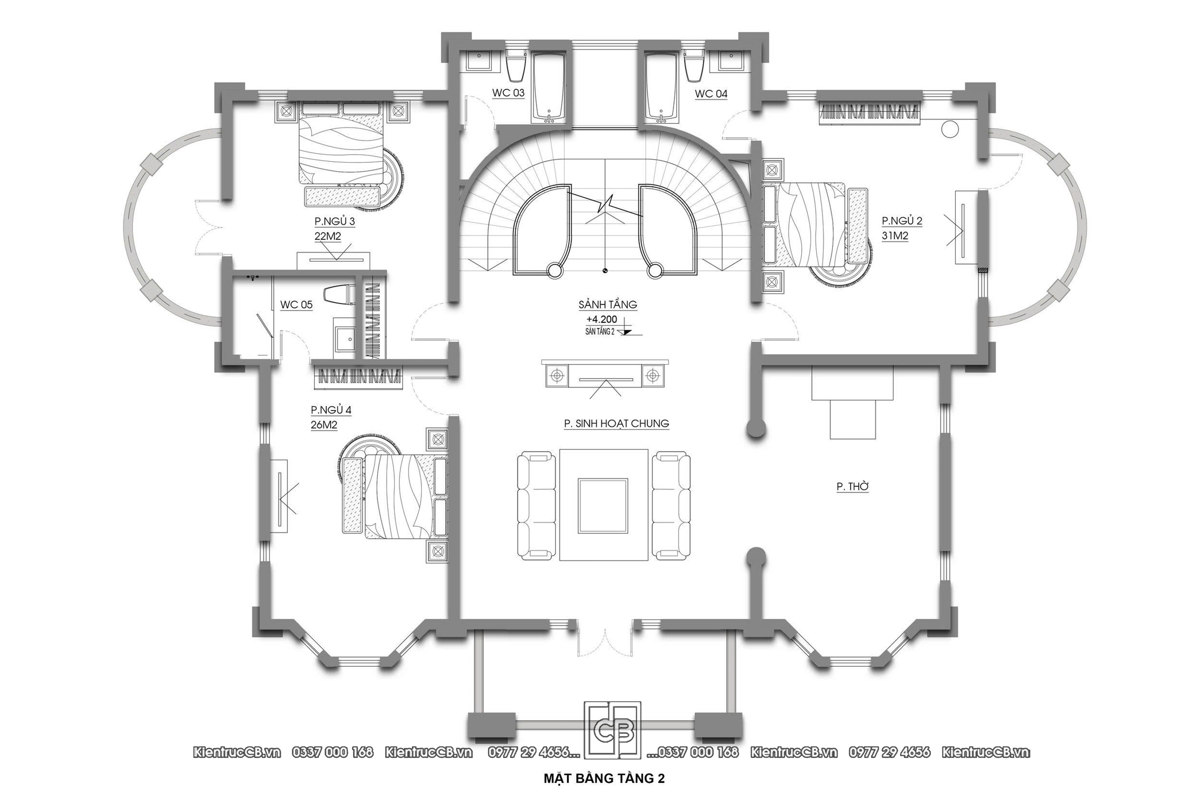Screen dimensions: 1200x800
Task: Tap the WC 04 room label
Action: click(x=711, y=94)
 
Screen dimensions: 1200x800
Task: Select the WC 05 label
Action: click(x=296, y=304)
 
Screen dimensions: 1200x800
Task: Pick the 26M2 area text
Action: click(x=324, y=425)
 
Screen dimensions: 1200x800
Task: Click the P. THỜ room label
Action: click(x=852, y=487)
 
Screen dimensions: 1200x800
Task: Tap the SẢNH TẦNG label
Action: click(x=608, y=304)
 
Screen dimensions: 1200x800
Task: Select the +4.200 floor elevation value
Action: click(x=602, y=319)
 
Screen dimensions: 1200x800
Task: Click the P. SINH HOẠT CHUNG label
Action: click(x=616, y=424)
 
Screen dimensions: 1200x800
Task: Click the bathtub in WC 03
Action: click(x=549, y=88)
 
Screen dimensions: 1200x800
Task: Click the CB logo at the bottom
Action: click(x=612, y=738)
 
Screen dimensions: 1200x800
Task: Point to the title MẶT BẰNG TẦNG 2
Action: click(x=604, y=778)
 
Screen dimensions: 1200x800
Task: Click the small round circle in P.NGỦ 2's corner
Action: click(x=950, y=129)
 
